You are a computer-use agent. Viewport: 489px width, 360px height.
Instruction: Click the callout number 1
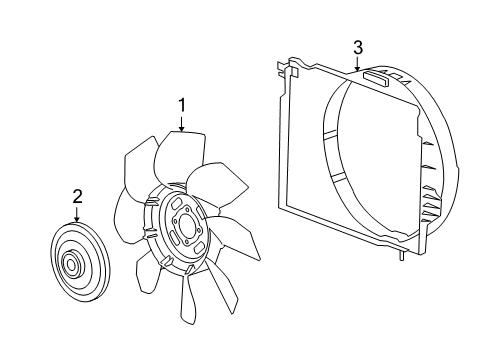pyautogui.click(x=181, y=104)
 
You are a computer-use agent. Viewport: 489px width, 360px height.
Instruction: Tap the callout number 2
pyautogui.click(x=76, y=196)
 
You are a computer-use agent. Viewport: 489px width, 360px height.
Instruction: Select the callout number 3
pyautogui.click(x=357, y=46)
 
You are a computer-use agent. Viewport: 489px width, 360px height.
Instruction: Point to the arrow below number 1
pyautogui.click(x=181, y=124)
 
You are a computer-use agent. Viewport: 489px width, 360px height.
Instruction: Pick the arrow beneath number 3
pyautogui.click(x=357, y=66)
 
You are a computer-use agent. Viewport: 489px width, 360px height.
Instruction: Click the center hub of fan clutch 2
pyautogui.click(x=73, y=265)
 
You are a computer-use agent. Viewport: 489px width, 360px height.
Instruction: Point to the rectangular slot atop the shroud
pyautogui.click(x=380, y=77)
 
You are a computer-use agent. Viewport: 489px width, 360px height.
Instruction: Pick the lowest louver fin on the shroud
pyautogui.click(x=432, y=215)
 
